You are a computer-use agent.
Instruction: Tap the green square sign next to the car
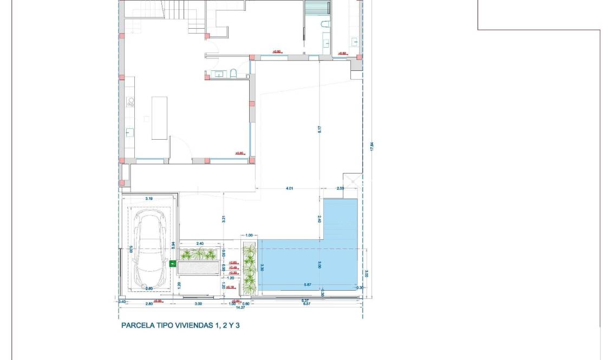tap(173, 264)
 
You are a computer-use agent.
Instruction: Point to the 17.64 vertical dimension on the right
tap(372, 147)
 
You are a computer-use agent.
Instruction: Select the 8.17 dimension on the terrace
tap(320, 130)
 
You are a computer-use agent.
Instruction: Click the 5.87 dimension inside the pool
tap(308, 285)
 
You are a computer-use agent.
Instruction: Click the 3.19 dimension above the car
tap(149, 199)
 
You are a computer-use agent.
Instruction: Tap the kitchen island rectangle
tap(159, 118)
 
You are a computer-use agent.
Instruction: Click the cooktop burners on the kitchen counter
tap(130, 101)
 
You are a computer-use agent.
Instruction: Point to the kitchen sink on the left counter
tap(129, 132)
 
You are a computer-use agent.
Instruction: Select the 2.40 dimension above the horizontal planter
tap(199, 244)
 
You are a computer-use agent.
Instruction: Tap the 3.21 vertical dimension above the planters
tap(223, 219)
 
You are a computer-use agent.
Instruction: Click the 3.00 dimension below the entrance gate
tap(198, 304)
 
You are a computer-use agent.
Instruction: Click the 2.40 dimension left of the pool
tap(320, 219)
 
